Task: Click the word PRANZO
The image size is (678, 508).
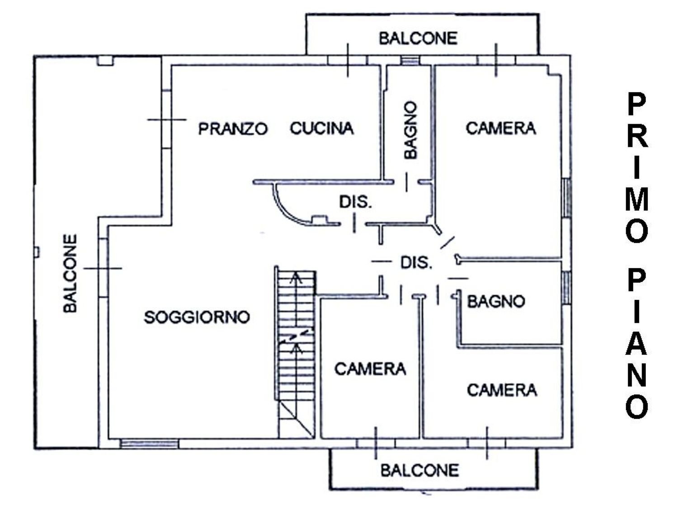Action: click(233, 129)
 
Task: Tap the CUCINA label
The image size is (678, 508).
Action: click(321, 129)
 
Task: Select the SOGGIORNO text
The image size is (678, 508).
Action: click(197, 317)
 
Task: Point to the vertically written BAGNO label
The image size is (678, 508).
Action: click(410, 130)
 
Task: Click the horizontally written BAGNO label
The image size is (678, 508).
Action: click(496, 301)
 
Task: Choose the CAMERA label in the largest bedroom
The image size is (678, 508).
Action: click(500, 129)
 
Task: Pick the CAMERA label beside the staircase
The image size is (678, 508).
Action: click(370, 369)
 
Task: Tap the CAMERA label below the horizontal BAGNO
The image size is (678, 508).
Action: click(502, 390)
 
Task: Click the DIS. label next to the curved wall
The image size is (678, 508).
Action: click(356, 202)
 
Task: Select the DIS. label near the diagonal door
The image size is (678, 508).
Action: click(416, 262)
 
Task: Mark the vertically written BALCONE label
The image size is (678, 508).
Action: click(70, 273)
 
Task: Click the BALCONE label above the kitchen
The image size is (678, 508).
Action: click(418, 38)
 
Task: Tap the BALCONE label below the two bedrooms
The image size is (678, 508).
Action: click(419, 471)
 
